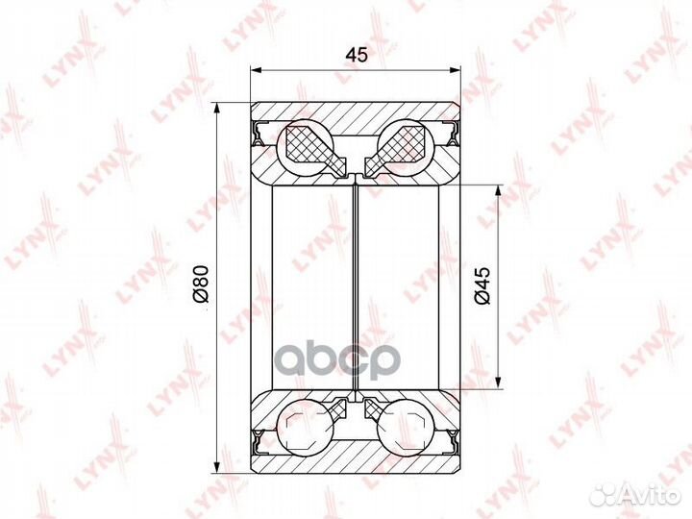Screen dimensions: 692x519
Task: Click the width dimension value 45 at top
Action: [357, 55]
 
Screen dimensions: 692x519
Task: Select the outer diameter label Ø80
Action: [200, 284]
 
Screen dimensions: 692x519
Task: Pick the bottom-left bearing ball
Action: [304, 427]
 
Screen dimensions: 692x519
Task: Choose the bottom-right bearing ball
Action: [406, 427]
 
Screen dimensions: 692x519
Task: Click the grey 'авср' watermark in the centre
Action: [340, 358]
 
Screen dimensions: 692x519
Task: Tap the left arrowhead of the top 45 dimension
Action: [257, 70]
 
